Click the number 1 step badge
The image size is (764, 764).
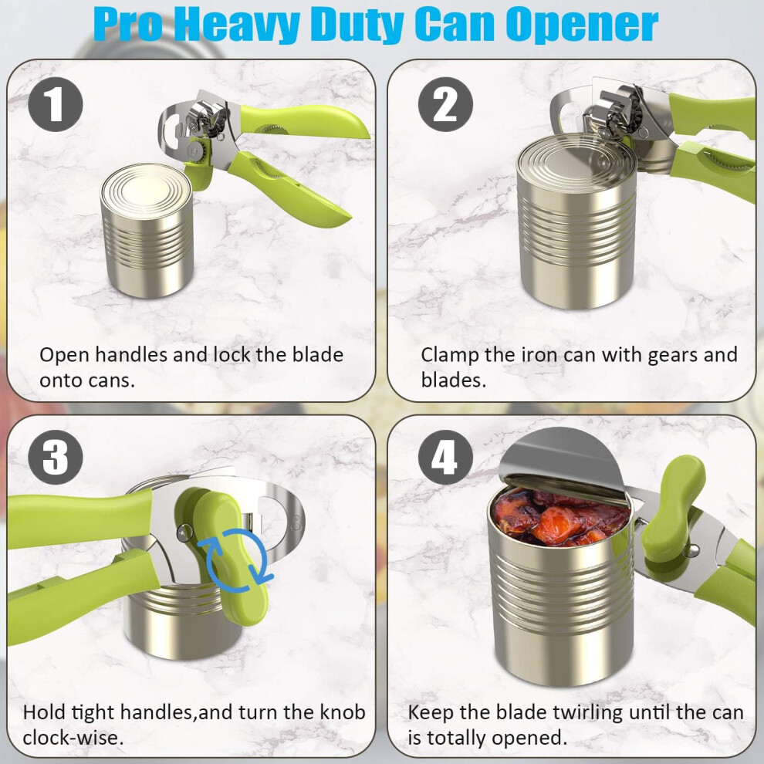click(x=56, y=104)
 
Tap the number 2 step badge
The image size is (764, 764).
click(x=445, y=104)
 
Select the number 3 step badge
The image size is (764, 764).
click(x=56, y=457)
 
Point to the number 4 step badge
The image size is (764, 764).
click(x=445, y=457)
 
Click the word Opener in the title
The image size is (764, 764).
click(x=582, y=25)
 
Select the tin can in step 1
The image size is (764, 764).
click(x=147, y=230)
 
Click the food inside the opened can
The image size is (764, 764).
click(x=560, y=518)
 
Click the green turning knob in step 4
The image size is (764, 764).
click(x=672, y=508)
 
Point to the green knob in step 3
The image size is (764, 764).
click(x=224, y=550)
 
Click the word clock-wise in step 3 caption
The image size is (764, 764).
click(x=73, y=737)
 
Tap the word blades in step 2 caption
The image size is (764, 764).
click(x=454, y=380)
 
